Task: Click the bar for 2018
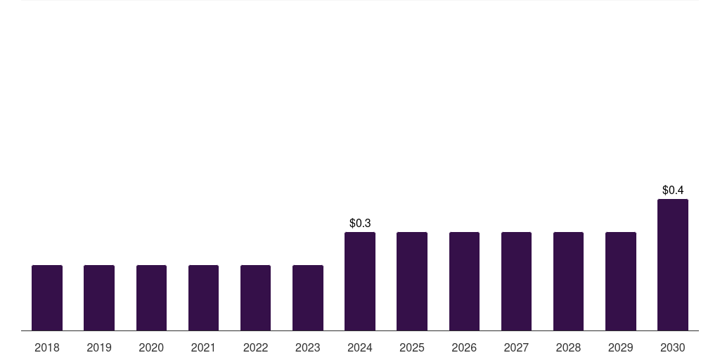coord(47,297)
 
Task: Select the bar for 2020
coord(151,297)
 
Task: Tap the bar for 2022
coord(255,297)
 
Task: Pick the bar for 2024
coord(360,281)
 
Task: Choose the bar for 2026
coord(464,281)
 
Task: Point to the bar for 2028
coord(568,281)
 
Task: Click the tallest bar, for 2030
coord(673,264)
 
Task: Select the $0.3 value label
coord(360,223)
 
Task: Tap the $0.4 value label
coord(673,190)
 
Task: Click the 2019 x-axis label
coord(99,347)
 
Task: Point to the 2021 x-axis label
coord(203,347)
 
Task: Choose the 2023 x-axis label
coord(307,347)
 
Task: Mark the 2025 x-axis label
coord(412,347)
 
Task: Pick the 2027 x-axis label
coord(516,347)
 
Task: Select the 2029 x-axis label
coord(620,347)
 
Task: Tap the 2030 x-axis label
coord(673,347)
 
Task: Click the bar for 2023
coord(307,297)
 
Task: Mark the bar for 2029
coord(620,281)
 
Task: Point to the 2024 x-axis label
coord(360,347)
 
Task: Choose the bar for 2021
coord(203,297)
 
